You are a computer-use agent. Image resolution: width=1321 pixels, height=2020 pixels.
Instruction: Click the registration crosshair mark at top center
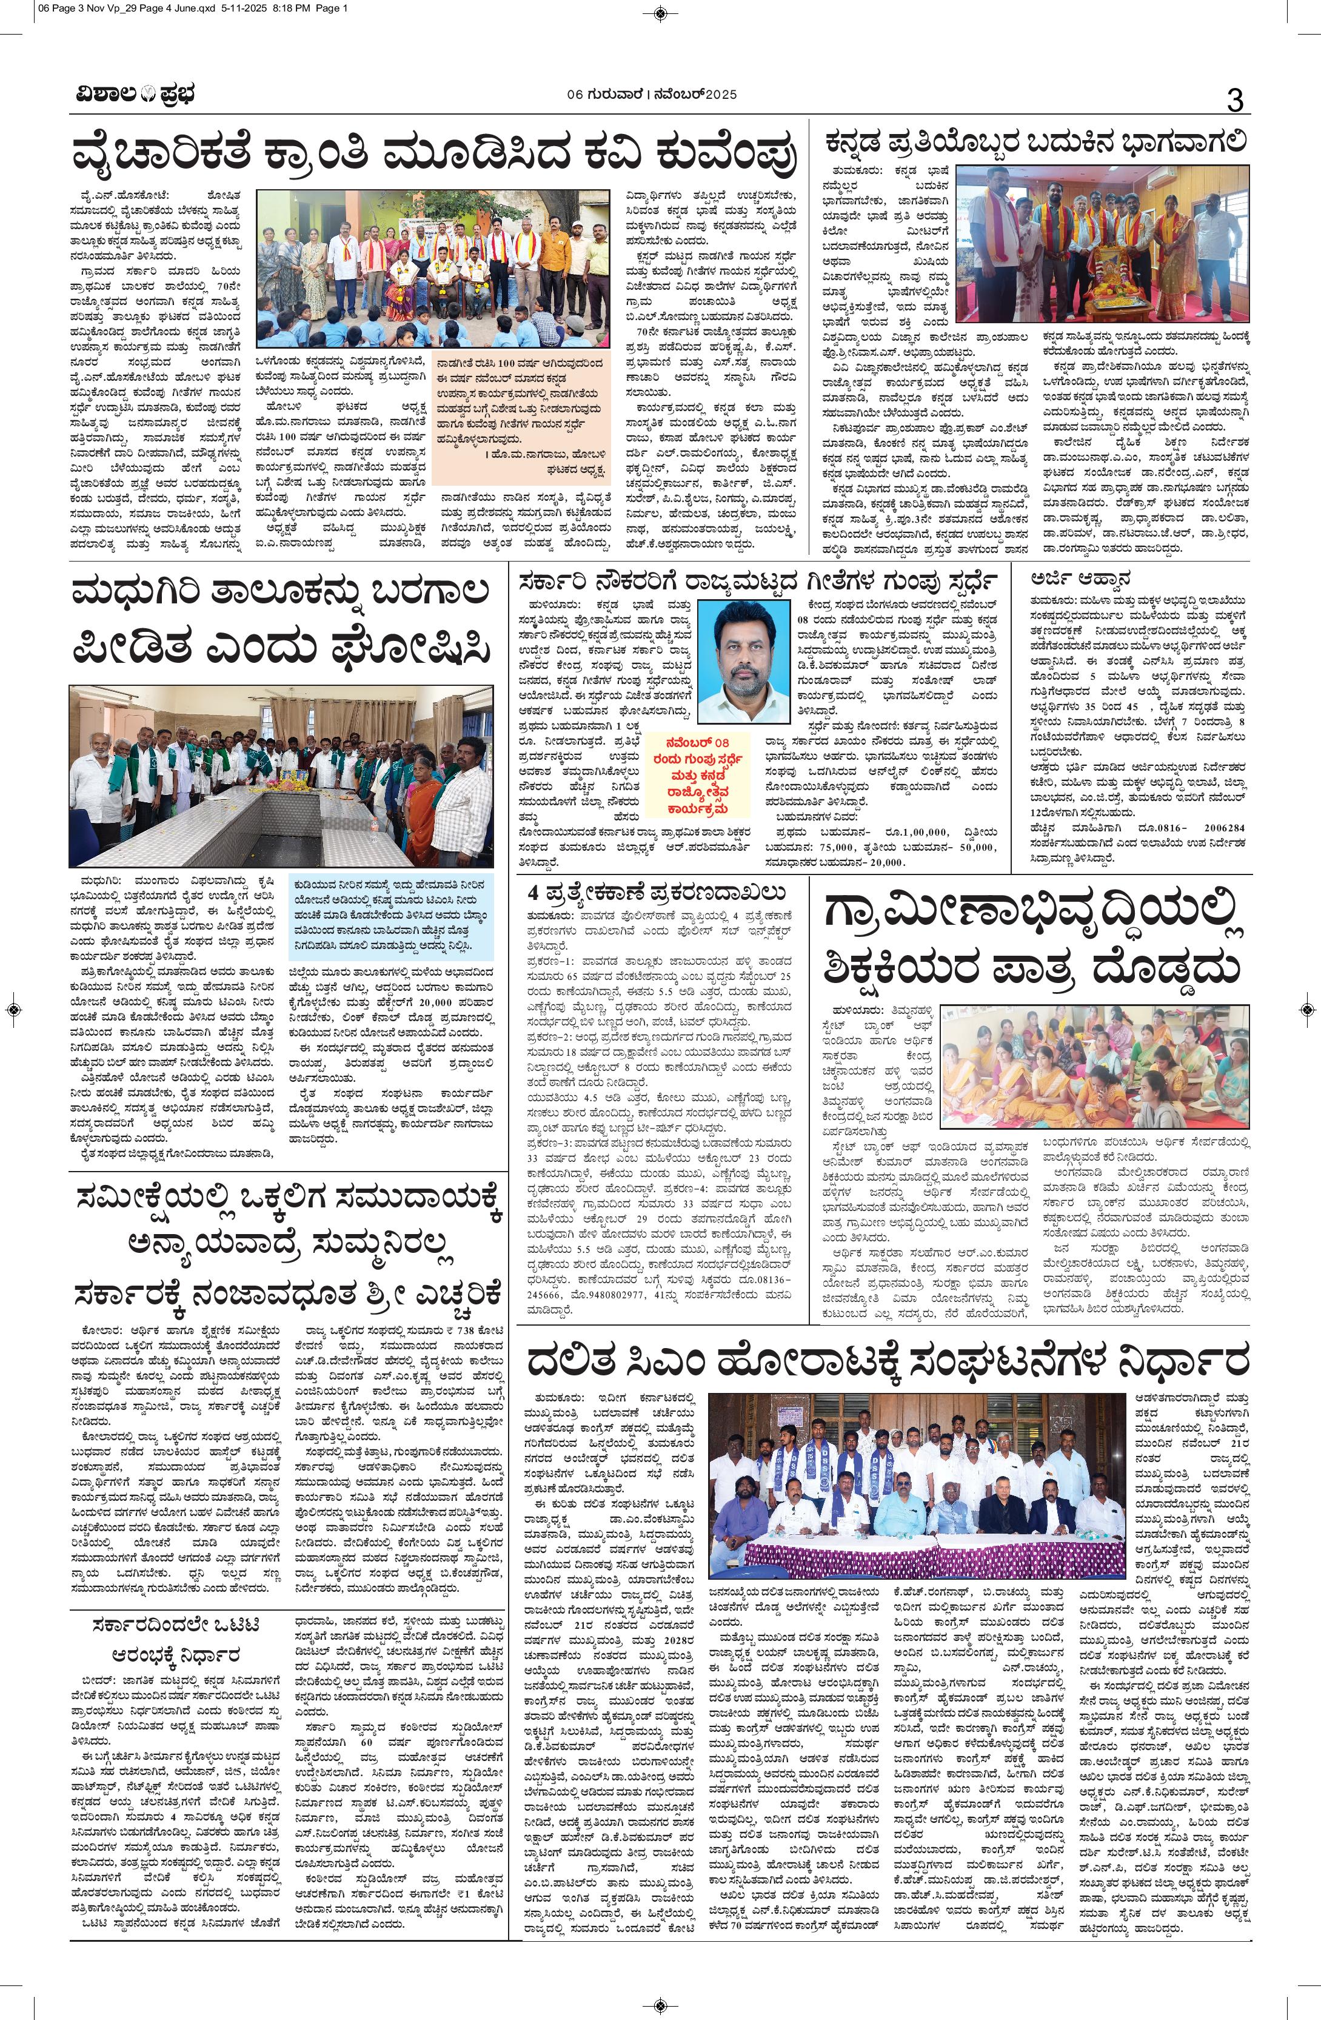click(660, 11)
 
